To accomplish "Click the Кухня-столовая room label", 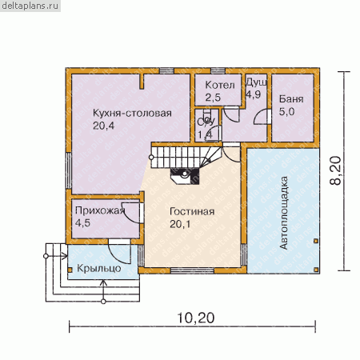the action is (x=132, y=113).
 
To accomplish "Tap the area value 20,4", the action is (x=103, y=126).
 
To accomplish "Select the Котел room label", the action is (x=220, y=85).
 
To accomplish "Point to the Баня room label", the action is (x=291, y=99).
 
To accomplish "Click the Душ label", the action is (x=256, y=82).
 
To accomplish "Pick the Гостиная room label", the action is (x=192, y=211).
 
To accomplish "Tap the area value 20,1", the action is (x=180, y=224).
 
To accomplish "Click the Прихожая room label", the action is (x=100, y=210).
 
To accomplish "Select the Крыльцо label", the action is (x=99, y=268).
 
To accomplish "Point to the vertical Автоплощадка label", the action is (x=284, y=213).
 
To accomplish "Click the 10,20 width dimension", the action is (x=195, y=318).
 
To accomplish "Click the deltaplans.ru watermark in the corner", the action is (x=30, y=6).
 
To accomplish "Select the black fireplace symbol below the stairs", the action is (x=185, y=176).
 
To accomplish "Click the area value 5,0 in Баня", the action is (x=286, y=111).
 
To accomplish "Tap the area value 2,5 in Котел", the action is (x=213, y=98).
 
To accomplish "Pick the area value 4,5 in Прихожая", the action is (x=82, y=223).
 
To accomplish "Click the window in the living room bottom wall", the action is (x=192, y=270).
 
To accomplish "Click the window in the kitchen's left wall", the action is (x=69, y=170).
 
